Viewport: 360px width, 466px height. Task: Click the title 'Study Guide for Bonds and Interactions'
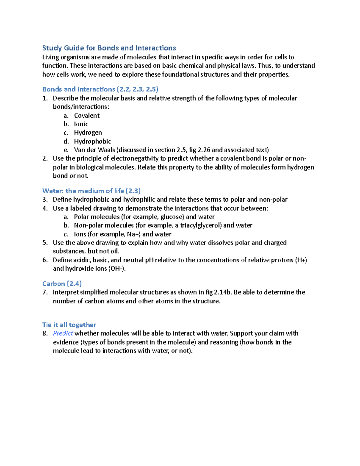pyautogui.click(x=109, y=48)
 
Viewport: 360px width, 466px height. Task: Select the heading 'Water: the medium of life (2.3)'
pyautogui.click(x=91, y=191)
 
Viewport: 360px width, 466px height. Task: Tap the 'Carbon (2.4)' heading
pyautogui.click(x=62, y=284)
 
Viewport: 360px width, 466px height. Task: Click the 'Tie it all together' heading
pyautogui.click(x=69, y=325)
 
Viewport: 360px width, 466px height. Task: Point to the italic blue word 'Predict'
pyautogui.click(x=63, y=333)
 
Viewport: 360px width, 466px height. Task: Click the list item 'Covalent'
pyautogui.click(x=87, y=116)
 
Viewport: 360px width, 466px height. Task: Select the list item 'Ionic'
pyautogui.click(x=81, y=124)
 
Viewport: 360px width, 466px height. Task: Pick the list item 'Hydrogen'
pyautogui.click(x=88, y=133)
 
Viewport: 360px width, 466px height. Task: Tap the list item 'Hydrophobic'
pyautogui.click(x=92, y=141)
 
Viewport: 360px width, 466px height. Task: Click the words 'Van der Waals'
pyautogui.click(x=94, y=150)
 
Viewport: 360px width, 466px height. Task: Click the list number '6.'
pyautogui.click(x=45, y=260)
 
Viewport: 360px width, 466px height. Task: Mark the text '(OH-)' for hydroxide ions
pyautogui.click(x=117, y=269)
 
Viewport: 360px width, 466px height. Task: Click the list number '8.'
pyautogui.click(x=45, y=333)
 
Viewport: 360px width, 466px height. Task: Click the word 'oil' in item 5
pyautogui.click(x=114, y=251)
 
